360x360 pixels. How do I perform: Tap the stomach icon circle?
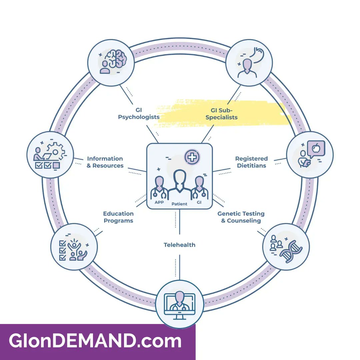pos(249,62)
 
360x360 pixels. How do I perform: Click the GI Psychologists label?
pos(138,114)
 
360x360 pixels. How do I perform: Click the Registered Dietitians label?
pos(251,162)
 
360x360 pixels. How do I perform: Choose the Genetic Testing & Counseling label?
pos(241,217)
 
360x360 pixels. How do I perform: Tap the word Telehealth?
pos(179,245)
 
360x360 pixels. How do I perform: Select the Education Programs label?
pos(118,217)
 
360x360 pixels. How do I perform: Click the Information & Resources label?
pos(105,162)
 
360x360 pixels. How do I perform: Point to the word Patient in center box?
pos(179,204)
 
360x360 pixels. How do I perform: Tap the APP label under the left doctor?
pos(159,202)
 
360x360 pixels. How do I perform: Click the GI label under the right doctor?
pos(200,202)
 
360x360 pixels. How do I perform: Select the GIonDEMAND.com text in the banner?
pos(95,341)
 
